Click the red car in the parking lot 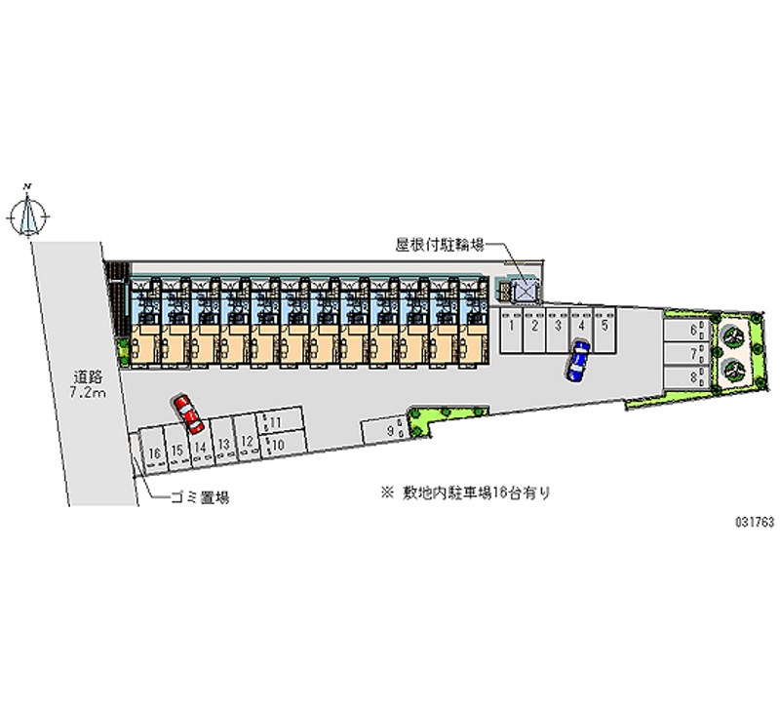click(x=187, y=414)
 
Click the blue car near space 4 click(x=578, y=360)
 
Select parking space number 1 click(x=512, y=329)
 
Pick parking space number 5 click(x=605, y=327)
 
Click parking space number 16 click(x=154, y=452)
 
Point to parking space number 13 click(x=224, y=445)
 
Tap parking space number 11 click(x=275, y=422)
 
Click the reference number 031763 click(x=754, y=522)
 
